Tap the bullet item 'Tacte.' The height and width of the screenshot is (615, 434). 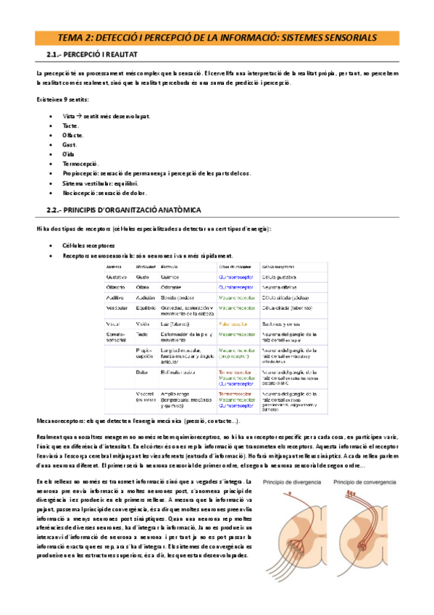[x=71, y=125]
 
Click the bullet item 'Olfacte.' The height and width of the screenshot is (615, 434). [x=73, y=135]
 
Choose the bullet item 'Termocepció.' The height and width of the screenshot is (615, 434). [x=80, y=164]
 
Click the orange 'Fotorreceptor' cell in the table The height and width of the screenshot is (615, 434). [x=233, y=323]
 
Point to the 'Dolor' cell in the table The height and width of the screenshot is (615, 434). [x=143, y=371]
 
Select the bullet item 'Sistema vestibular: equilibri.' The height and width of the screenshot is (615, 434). [x=104, y=183]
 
